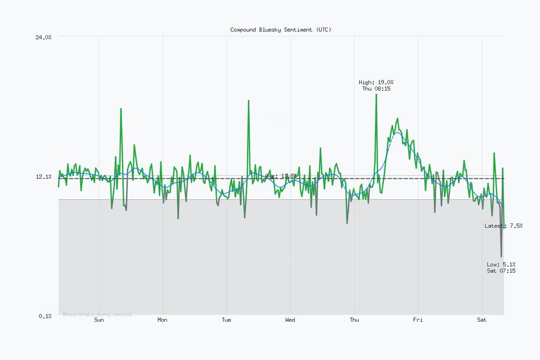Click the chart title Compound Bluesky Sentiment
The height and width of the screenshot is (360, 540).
(x=281, y=30)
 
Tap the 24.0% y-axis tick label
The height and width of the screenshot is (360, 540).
(x=43, y=37)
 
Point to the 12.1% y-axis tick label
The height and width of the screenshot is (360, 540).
(x=43, y=177)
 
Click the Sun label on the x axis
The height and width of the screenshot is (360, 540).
(x=99, y=320)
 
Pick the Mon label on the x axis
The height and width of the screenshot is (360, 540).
(x=163, y=320)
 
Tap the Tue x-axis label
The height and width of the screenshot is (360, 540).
(x=226, y=320)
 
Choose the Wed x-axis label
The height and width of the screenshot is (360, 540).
(x=290, y=320)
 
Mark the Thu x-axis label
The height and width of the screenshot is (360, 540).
(x=354, y=320)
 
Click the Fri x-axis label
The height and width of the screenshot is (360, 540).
(x=417, y=320)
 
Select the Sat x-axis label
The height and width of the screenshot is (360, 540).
(x=481, y=320)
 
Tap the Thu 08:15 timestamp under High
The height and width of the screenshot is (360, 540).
(x=376, y=89)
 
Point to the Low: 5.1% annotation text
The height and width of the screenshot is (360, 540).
(x=501, y=264)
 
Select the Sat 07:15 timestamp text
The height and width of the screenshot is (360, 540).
(x=501, y=271)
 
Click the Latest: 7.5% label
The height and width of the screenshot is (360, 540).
(x=503, y=226)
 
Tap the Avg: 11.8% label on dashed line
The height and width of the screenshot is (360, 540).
(x=281, y=176)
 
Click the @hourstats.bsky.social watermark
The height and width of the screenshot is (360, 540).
(x=97, y=314)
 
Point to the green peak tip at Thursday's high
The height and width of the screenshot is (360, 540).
(x=376, y=94)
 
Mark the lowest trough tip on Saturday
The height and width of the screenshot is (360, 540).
(x=501, y=256)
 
